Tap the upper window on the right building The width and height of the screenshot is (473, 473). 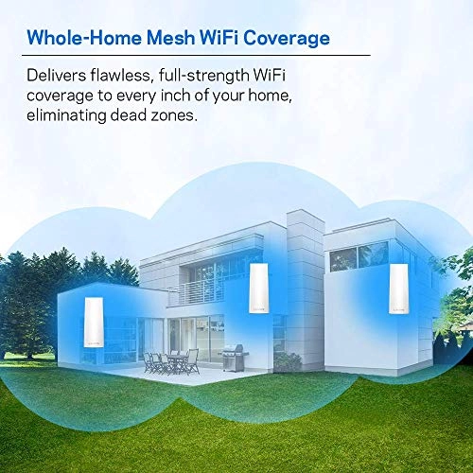tap(356, 256)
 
